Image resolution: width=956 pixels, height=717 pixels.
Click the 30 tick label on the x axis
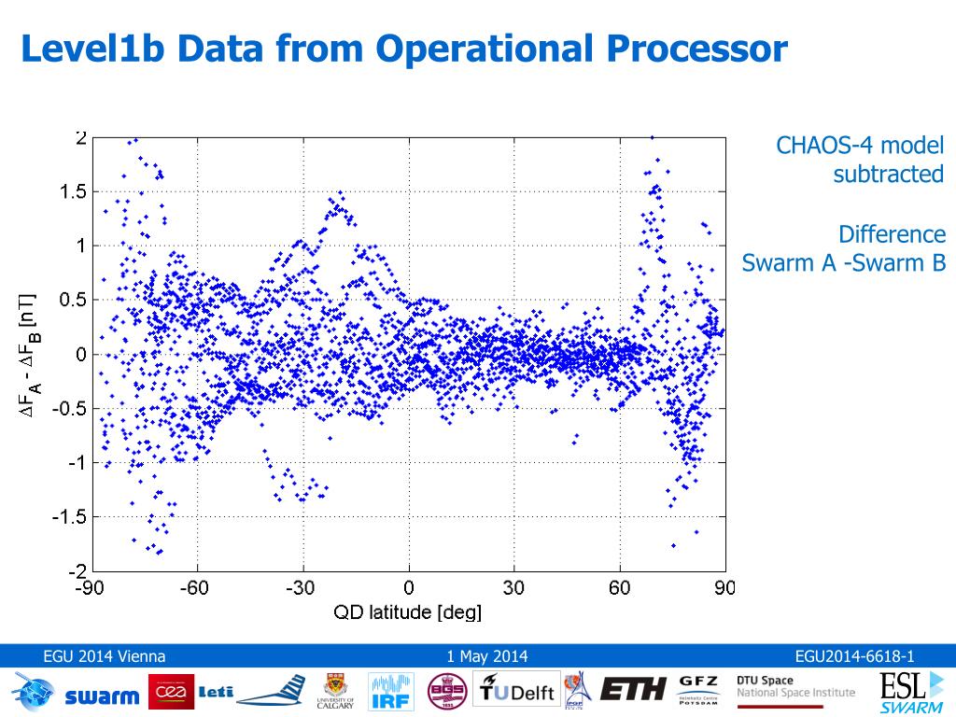coord(513,588)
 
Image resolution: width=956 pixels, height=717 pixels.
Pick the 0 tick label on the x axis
coord(408,588)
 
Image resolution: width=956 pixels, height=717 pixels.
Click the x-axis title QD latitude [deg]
coord(408,612)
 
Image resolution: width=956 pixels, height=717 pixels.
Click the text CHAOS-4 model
coord(860,147)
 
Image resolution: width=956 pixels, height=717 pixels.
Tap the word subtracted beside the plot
coord(888,175)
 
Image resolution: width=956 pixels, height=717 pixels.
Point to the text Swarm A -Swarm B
coord(844,263)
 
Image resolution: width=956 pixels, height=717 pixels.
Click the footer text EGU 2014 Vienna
coord(105,656)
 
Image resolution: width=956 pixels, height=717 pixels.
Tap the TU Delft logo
coord(518,692)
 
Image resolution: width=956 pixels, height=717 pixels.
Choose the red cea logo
coord(171,692)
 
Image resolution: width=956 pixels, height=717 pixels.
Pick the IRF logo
coord(391,692)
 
